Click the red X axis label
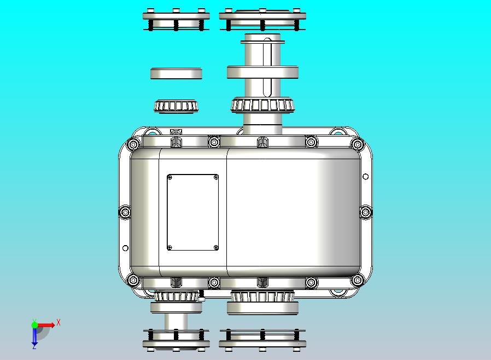59,323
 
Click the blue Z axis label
34,346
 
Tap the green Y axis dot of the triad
35,324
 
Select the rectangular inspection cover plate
192,212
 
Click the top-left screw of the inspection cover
170,177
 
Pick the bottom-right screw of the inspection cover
215,247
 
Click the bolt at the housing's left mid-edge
125,211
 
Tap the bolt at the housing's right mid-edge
365,211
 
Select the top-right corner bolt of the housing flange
357,145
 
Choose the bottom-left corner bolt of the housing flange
132,280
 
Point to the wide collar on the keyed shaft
262,72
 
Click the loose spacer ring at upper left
176,73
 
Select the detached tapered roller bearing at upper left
176,106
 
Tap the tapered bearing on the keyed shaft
262,105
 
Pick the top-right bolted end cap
262,20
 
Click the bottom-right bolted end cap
262,339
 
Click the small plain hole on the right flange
366,176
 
